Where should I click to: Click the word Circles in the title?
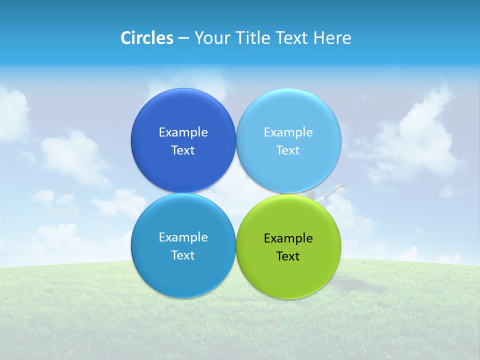click(147, 38)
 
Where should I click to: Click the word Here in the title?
click(332, 38)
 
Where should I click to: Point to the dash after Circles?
click(183, 38)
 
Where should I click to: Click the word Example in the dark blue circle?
click(183, 132)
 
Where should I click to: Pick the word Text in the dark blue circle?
click(183, 150)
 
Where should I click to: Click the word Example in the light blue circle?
click(288, 132)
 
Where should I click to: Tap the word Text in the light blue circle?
click(288, 150)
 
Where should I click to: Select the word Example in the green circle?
click(288, 238)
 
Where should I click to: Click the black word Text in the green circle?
click(288, 256)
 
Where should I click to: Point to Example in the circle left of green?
click(183, 237)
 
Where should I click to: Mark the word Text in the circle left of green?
click(183, 255)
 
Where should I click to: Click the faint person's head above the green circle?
click(311, 193)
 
